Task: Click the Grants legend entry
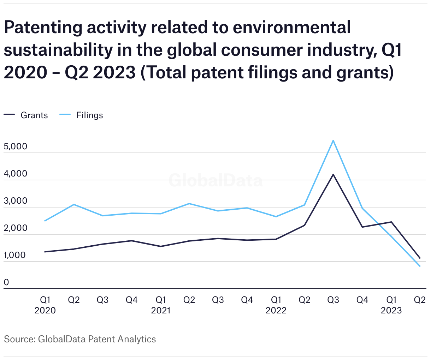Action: coord(26,115)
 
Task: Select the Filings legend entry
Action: coord(81,115)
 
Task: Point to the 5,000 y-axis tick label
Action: coord(16,146)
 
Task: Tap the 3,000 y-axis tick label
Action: coord(16,200)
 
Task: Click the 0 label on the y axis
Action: coord(6,282)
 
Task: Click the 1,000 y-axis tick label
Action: coord(14,255)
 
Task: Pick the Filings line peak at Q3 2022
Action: coord(333,140)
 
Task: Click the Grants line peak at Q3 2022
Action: coord(333,174)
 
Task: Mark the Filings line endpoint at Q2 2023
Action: coord(420,266)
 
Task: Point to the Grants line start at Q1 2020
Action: coord(45,252)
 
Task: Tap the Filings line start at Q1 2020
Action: coord(45,221)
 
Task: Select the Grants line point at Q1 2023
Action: coord(391,222)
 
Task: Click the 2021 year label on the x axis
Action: coord(161,311)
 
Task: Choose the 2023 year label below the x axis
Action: coord(391,311)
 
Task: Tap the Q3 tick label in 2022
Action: coord(333,300)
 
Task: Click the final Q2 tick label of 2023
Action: coord(420,300)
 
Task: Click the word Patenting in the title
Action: coord(43,28)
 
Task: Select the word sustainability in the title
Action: coord(58,50)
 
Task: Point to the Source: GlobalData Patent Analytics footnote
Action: coord(80,339)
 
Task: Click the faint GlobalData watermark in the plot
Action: coord(215,180)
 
